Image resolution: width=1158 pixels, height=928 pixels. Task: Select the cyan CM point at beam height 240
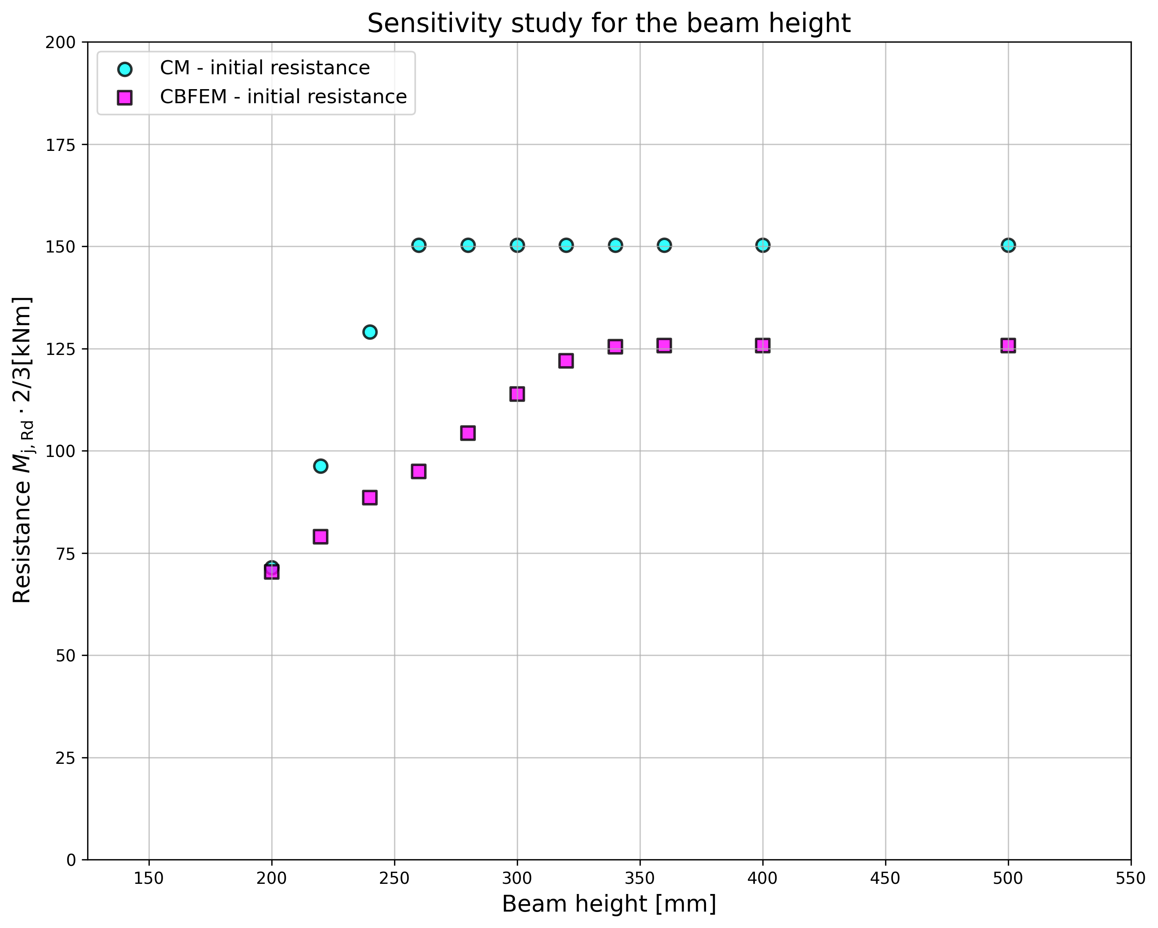[x=369, y=332]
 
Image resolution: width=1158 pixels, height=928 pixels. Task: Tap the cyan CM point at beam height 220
[x=321, y=466]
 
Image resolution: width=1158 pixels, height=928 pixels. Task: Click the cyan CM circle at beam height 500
[x=1008, y=245]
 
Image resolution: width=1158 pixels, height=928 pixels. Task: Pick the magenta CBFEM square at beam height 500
[x=1008, y=345]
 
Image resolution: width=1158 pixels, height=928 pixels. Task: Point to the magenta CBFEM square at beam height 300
[x=517, y=394]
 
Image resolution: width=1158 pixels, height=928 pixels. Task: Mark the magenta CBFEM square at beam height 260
[x=419, y=471]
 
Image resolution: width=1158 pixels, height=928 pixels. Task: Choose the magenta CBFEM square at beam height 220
[x=321, y=536]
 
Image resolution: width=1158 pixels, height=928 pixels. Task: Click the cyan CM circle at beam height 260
[x=419, y=245]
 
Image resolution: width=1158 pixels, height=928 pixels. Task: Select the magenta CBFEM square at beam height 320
[x=566, y=360]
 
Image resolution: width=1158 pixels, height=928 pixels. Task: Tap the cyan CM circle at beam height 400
[x=763, y=245]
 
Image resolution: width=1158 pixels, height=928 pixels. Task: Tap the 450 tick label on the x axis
[x=885, y=879]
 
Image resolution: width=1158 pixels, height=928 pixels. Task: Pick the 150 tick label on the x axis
[x=149, y=879]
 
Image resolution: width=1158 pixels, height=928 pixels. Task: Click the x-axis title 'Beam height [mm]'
[x=609, y=905]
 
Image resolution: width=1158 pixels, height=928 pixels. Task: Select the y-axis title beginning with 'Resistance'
[x=23, y=450]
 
